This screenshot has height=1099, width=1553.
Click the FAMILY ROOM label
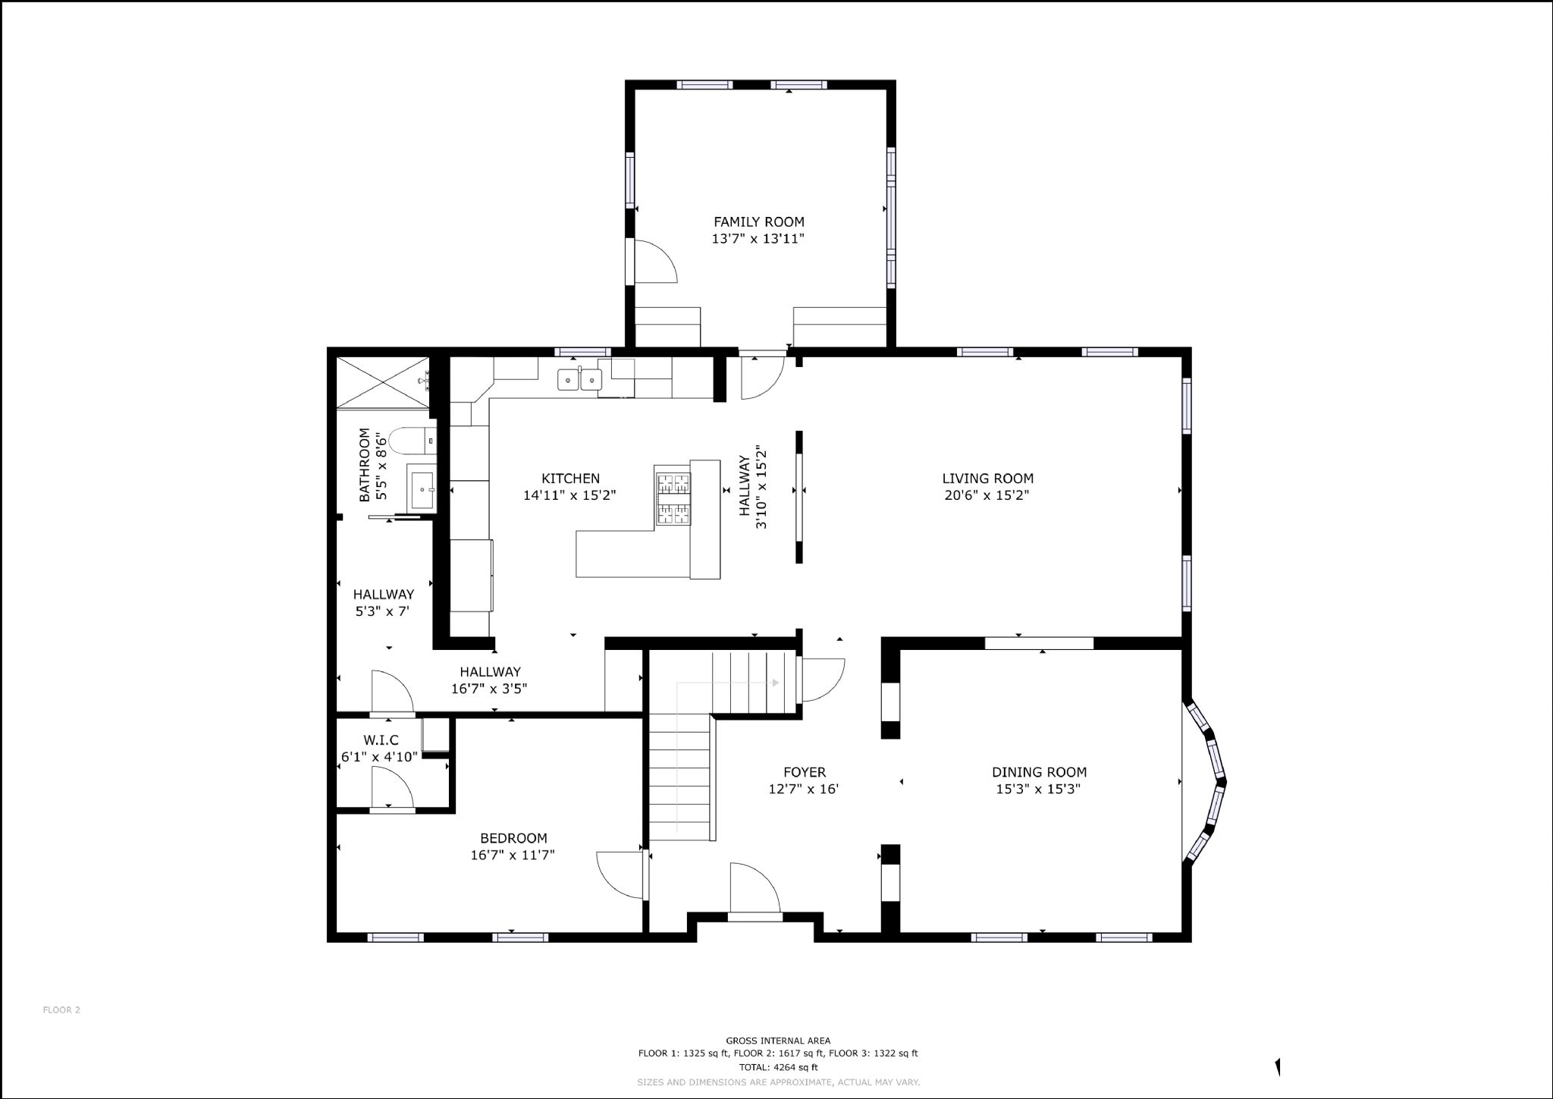(x=758, y=222)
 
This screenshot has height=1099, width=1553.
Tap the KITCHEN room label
(x=570, y=479)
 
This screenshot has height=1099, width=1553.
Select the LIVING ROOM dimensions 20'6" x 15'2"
(x=987, y=495)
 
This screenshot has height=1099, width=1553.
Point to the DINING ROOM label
(x=1039, y=772)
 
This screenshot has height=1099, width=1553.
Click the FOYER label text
(x=805, y=772)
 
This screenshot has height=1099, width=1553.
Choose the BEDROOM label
(x=513, y=838)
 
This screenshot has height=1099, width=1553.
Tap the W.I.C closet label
(x=381, y=739)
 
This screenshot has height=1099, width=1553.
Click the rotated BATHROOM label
(x=365, y=465)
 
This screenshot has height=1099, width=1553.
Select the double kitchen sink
(x=579, y=378)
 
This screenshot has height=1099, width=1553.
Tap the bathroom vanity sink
(x=422, y=489)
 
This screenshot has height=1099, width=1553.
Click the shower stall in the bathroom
(x=383, y=383)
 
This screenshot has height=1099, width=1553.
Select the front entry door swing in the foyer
(x=755, y=889)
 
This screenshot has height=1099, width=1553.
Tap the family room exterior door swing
(x=652, y=262)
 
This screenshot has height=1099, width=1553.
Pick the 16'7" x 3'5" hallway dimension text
(x=489, y=689)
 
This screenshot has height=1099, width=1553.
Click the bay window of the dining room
(x=1206, y=781)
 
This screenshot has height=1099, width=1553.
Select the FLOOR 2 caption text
(x=61, y=1010)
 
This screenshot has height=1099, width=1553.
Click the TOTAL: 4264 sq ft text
(x=778, y=1066)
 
